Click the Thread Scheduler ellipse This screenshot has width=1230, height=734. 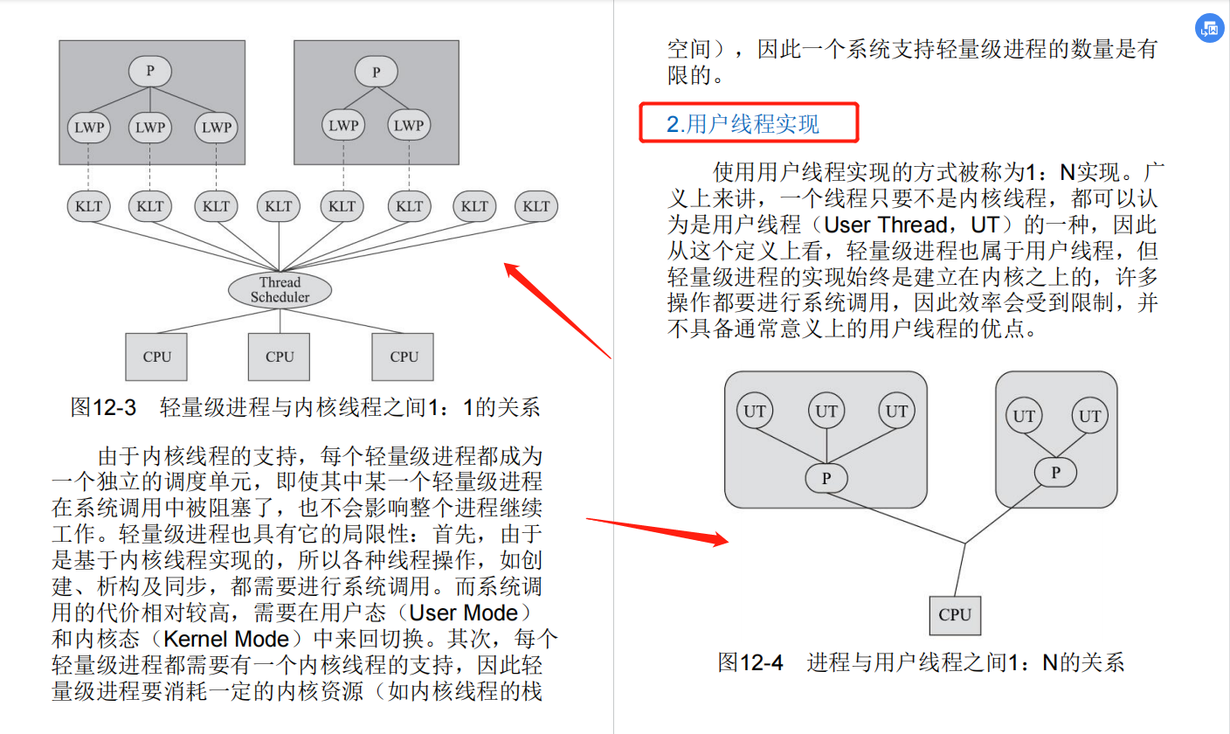coord(280,289)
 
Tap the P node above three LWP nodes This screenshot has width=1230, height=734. coord(150,71)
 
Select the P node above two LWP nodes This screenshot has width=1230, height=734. coord(377,72)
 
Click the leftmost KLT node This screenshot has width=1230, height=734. coord(88,206)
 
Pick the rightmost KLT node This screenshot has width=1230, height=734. coord(536,206)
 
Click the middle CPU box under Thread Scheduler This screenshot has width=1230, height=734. coord(279,357)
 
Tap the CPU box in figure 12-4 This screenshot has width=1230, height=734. coord(955,615)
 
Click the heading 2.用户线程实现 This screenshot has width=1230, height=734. coord(743,123)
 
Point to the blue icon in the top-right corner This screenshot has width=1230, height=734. coord(1209,28)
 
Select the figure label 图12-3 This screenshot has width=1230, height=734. coord(103,408)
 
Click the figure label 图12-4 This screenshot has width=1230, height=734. coord(750,662)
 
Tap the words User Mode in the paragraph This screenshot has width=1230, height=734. coord(464,613)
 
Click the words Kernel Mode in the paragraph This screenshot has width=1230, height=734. coord(226,639)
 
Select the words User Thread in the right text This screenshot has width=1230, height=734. coord(886,225)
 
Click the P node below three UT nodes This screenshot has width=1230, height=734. coord(826,478)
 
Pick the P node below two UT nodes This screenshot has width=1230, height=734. coord(1055,473)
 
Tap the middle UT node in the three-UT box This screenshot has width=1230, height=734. coord(826,411)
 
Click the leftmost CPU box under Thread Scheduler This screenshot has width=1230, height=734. coord(156,357)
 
